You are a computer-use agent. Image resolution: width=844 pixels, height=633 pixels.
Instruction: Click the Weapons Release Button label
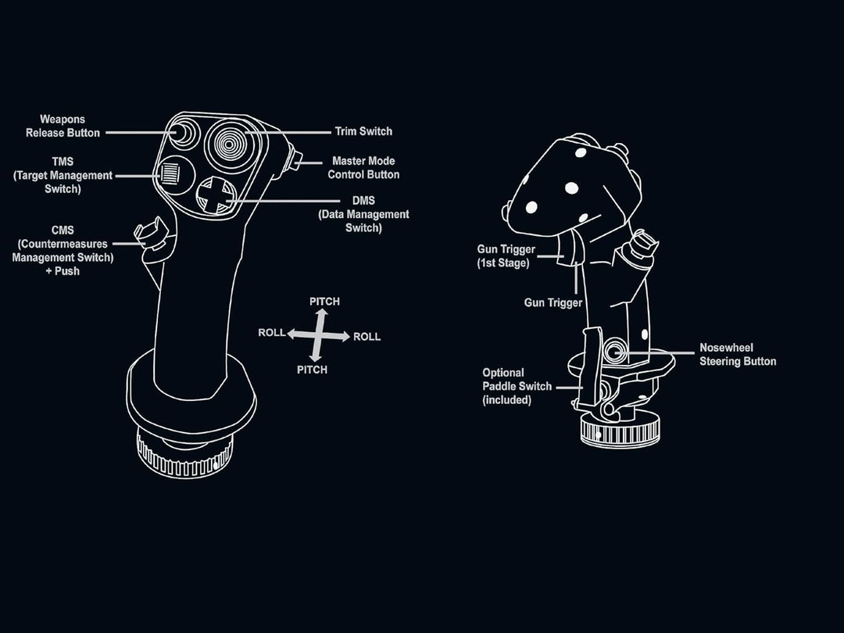[63, 126]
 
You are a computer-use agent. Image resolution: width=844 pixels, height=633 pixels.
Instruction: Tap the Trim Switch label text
[363, 131]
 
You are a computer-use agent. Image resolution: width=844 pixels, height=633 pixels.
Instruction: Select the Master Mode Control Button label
[363, 168]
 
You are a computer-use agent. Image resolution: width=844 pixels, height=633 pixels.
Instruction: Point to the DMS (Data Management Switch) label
[363, 214]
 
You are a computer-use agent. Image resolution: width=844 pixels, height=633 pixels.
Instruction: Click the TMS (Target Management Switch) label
[63, 175]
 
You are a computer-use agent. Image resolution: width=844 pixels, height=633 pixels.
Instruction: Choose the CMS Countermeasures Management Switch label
[63, 251]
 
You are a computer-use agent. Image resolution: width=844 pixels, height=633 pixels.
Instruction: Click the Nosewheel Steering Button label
[737, 355]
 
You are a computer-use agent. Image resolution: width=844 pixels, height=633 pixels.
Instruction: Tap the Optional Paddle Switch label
[517, 386]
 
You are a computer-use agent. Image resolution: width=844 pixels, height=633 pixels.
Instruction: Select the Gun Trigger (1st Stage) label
[506, 256]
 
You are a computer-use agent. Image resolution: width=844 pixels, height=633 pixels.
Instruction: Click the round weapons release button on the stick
[180, 134]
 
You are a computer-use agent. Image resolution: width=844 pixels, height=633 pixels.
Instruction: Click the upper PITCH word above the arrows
[324, 302]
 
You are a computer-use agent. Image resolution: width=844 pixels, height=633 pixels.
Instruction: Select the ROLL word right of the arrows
[367, 337]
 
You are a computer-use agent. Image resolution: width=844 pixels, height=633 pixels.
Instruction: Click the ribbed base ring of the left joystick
[184, 458]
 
